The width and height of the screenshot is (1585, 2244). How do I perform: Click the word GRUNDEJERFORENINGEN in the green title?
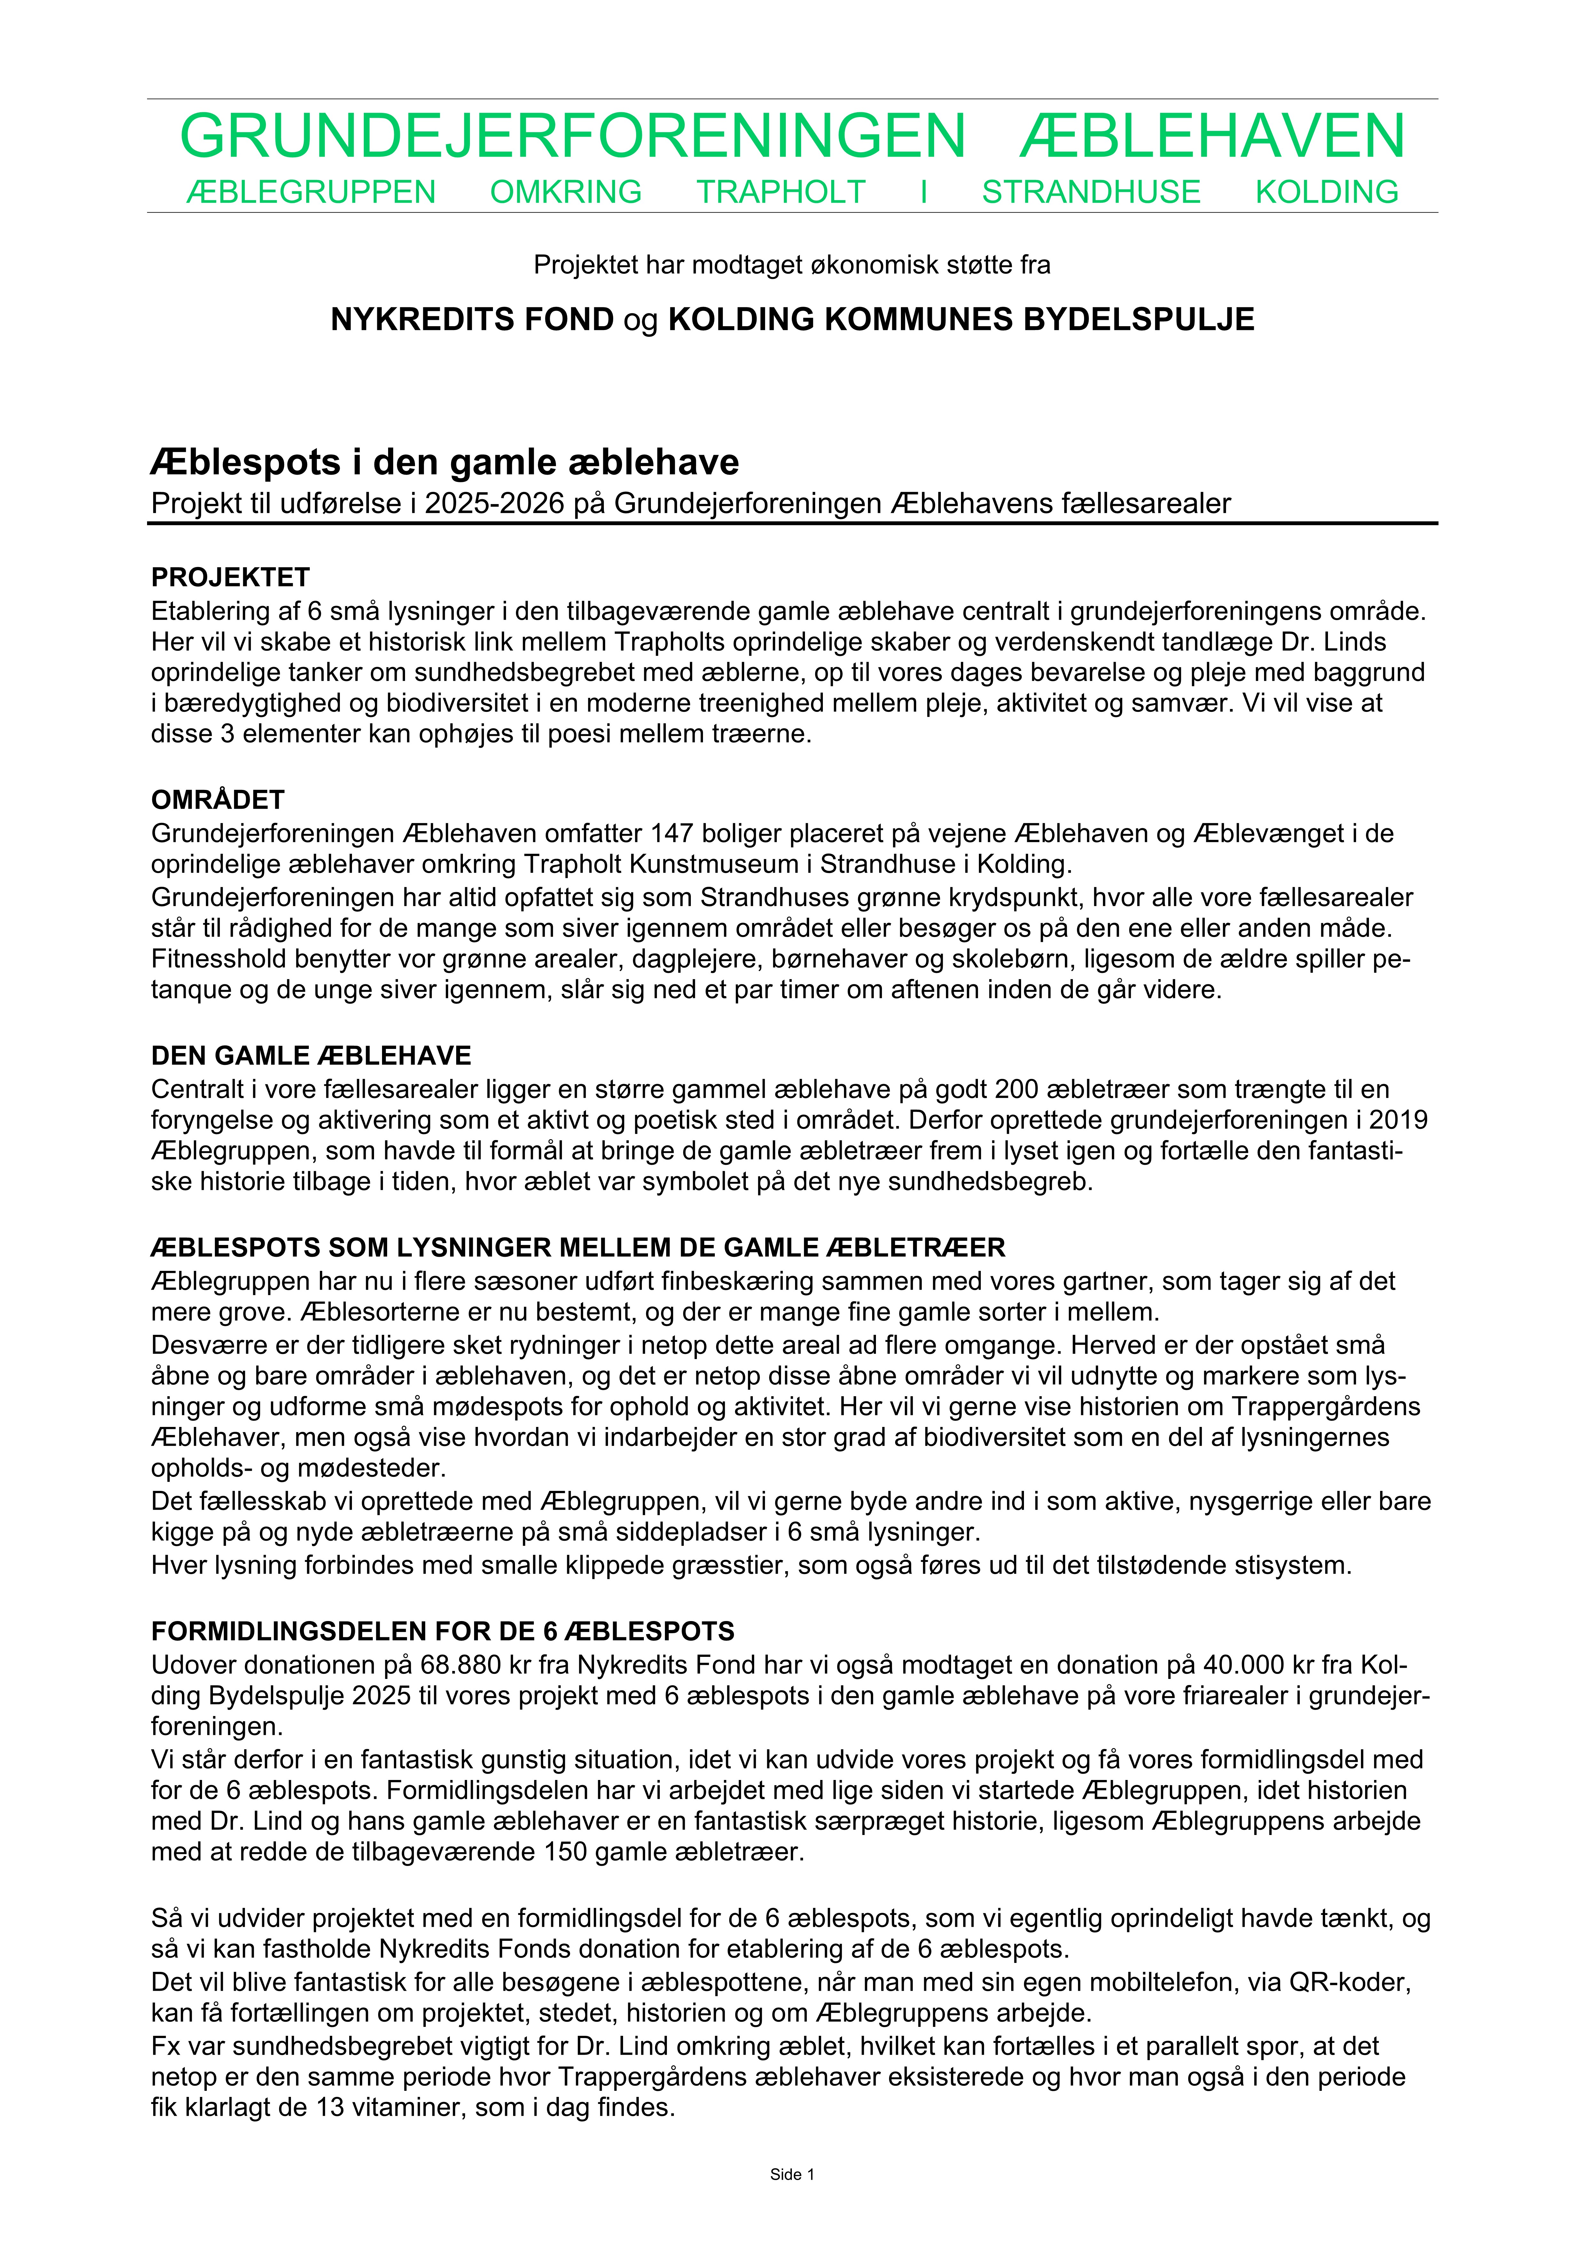(x=573, y=137)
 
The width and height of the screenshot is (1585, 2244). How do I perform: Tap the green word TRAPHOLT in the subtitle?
(x=781, y=193)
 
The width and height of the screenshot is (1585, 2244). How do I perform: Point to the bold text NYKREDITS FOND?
(x=472, y=319)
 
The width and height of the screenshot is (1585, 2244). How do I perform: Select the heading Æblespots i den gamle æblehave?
(x=445, y=462)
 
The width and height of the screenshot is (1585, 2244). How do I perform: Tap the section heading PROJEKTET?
(x=230, y=578)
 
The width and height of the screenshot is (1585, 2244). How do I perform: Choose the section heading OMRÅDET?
(x=218, y=800)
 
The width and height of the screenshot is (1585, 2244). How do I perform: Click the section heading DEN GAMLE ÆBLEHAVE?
(x=311, y=1057)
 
